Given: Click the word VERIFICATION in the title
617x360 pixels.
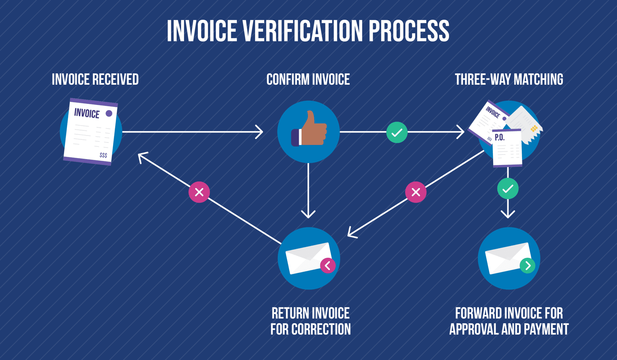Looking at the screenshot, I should click(x=302, y=31).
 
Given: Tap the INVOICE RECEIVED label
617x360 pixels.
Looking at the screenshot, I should click(x=95, y=80).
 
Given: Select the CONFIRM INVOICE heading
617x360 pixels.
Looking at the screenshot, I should click(x=308, y=80).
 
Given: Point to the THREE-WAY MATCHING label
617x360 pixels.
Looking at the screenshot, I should click(x=509, y=80).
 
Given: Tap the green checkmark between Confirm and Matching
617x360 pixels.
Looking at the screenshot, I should click(x=397, y=132).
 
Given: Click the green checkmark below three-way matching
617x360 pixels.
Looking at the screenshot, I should click(x=508, y=189).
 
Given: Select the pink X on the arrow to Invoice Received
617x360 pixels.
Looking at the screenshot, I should click(x=199, y=192).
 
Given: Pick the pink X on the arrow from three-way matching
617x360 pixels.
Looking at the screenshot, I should click(x=416, y=192).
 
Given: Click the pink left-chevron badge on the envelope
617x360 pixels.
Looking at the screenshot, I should click(x=328, y=266).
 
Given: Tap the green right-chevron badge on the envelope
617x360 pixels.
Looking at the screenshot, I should click(x=528, y=266).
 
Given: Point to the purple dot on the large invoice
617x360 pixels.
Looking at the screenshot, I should click(x=109, y=113).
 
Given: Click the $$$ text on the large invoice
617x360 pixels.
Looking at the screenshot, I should click(x=103, y=155).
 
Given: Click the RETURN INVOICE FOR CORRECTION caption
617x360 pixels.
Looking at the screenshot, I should click(x=310, y=321).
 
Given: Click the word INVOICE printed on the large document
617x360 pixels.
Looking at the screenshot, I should click(x=87, y=113).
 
